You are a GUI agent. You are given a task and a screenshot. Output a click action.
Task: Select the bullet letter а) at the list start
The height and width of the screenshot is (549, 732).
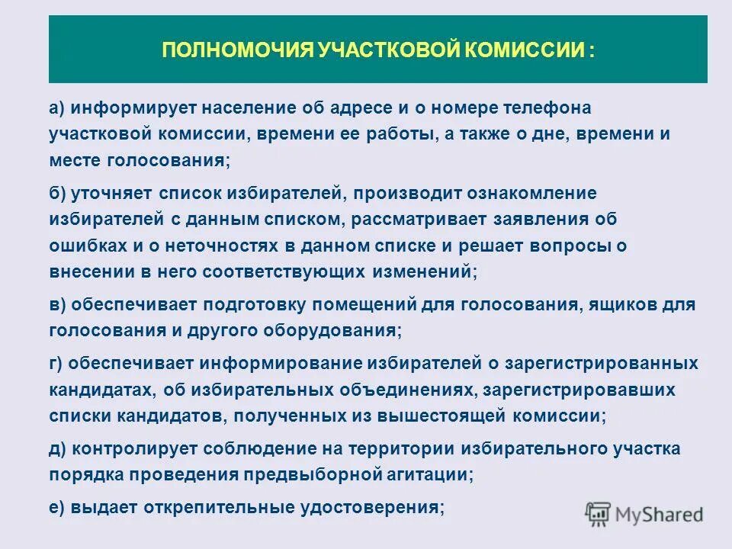59,108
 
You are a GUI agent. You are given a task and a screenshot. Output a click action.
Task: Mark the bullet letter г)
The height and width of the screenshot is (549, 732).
58,362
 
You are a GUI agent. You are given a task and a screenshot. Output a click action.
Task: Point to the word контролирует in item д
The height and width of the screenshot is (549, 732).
127,448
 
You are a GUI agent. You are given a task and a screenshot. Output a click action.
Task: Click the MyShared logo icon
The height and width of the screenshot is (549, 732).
599,512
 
